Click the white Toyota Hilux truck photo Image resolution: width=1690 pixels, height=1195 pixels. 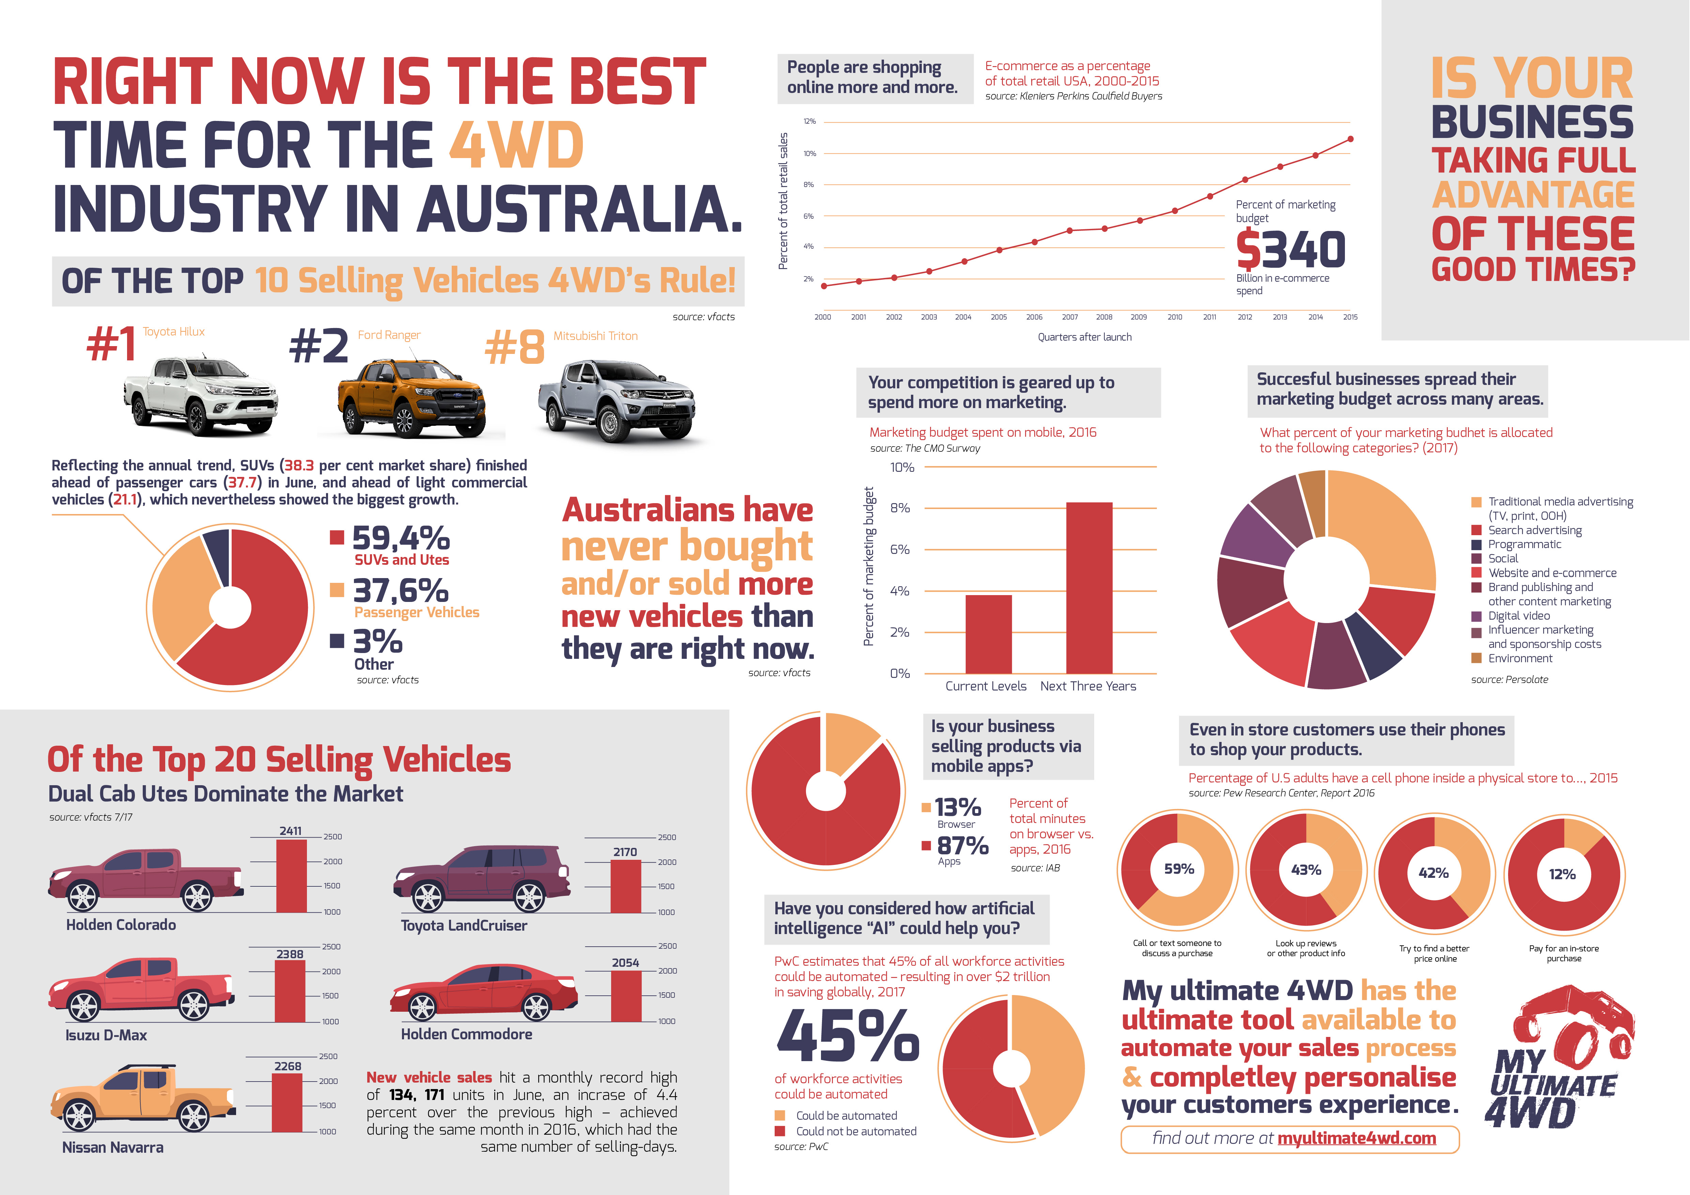tap(200, 396)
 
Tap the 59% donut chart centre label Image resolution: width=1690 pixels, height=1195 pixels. tap(1178, 869)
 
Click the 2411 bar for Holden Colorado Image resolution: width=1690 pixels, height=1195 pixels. tap(292, 876)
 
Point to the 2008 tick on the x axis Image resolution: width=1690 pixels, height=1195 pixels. tap(1103, 317)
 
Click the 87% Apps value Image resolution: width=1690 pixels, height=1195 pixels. tap(962, 846)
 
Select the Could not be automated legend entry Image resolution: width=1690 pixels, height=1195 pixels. tap(855, 1131)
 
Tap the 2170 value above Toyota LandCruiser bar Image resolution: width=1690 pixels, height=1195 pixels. tap(625, 852)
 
